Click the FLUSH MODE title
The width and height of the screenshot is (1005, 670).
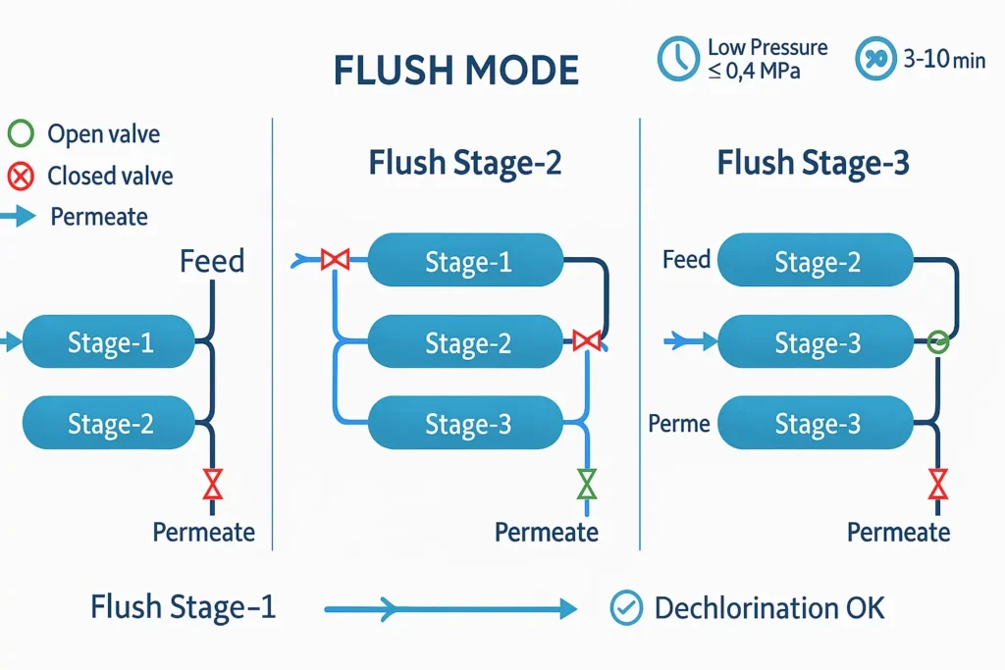(x=456, y=71)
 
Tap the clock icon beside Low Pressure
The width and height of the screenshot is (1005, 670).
(x=677, y=59)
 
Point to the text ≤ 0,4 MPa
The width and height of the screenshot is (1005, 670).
(x=754, y=72)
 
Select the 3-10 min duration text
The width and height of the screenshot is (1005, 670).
(x=943, y=59)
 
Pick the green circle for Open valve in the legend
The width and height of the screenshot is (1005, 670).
(x=21, y=133)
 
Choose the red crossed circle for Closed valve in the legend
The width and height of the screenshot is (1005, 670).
(x=21, y=177)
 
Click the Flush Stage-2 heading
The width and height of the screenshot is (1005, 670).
(x=464, y=163)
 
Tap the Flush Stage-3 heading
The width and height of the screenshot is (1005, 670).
(x=813, y=163)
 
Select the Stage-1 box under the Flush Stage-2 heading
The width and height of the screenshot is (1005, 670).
(x=466, y=262)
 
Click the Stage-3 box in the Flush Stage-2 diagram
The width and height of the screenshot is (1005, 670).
(x=466, y=425)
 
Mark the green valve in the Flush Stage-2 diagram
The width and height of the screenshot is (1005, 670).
(x=587, y=484)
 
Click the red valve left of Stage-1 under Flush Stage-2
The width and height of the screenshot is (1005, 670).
(x=336, y=260)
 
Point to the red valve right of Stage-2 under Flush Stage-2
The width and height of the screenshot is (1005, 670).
(x=586, y=341)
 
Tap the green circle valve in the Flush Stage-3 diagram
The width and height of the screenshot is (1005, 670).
(x=938, y=341)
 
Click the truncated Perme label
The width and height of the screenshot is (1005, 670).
(x=679, y=424)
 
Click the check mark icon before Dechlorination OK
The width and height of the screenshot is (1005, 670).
(x=625, y=608)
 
